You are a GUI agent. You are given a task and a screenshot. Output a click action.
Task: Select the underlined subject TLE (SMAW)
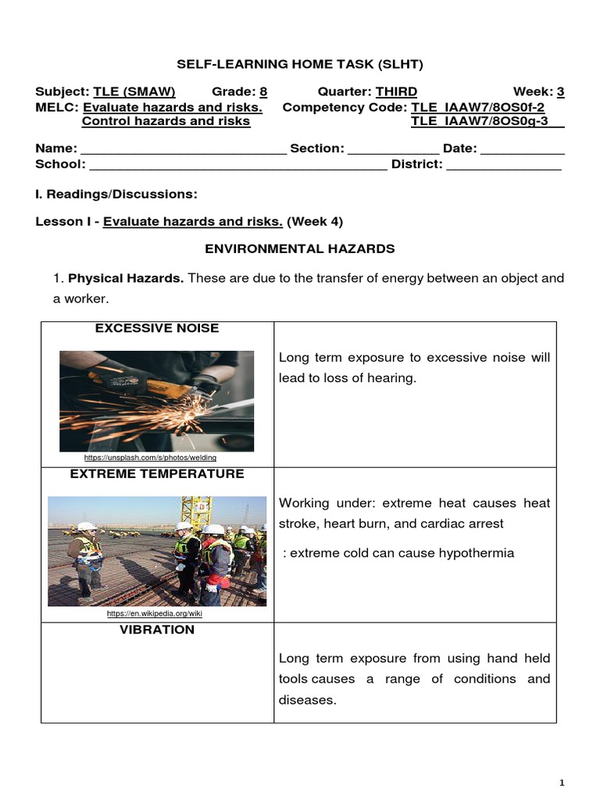click(x=134, y=91)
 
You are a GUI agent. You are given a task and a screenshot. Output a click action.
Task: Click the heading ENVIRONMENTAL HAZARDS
click(x=300, y=248)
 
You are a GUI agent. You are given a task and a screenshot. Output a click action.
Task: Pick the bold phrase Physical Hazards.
click(x=126, y=278)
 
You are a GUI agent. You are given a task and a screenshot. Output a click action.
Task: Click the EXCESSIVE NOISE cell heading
click(x=157, y=329)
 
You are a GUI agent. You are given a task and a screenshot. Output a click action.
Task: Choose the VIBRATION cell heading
click(x=157, y=630)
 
